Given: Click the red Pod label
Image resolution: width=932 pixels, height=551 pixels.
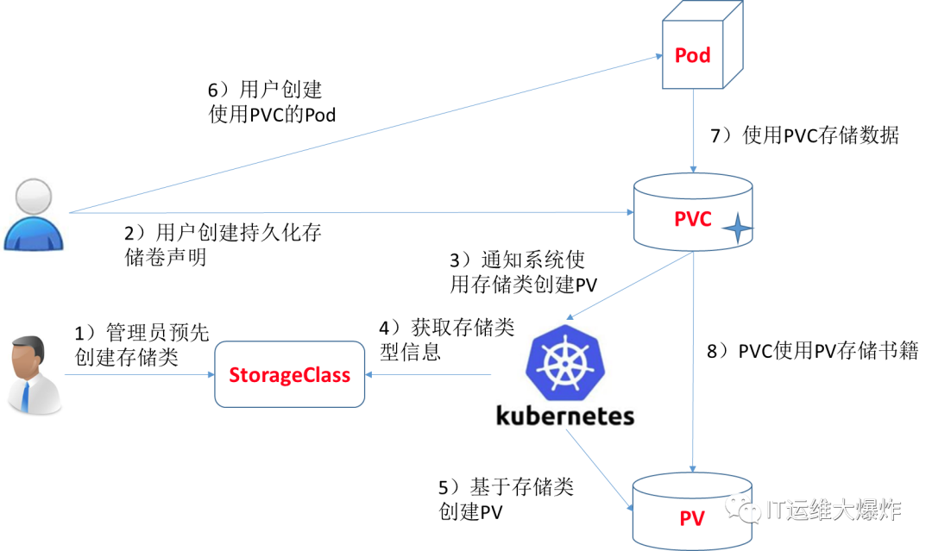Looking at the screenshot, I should tap(692, 56).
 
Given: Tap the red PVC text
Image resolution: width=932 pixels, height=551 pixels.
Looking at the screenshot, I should tap(692, 219).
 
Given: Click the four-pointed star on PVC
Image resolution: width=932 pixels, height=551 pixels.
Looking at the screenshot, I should tap(737, 229).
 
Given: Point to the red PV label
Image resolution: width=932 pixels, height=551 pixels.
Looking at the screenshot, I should tap(691, 518).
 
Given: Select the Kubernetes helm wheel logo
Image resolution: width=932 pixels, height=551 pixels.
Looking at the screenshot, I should tap(565, 362).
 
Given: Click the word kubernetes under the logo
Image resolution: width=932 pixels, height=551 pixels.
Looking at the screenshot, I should tap(565, 415).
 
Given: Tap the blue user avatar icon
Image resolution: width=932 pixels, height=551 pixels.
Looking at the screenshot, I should tap(35, 212).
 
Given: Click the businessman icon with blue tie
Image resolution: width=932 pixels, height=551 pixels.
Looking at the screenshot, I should tap(33, 373).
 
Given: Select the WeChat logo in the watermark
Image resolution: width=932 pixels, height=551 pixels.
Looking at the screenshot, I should tap(743, 508).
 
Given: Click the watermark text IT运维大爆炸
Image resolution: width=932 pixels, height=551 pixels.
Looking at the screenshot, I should tap(833, 510).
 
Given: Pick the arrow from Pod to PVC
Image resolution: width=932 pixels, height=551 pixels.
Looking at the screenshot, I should tap(693, 129).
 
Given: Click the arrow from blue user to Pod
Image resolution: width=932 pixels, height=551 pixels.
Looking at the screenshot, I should tap(362, 135).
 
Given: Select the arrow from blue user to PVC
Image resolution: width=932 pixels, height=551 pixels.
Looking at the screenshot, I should tap(345, 211).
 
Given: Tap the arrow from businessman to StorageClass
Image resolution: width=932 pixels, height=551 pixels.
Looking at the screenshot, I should tap(138, 374).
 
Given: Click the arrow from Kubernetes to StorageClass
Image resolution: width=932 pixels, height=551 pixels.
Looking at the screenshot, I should tap(428, 374).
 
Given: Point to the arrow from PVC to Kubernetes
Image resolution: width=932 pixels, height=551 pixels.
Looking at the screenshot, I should tap(630, 285).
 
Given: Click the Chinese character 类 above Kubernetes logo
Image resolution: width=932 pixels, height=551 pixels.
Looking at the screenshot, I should tap(501, 328).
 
